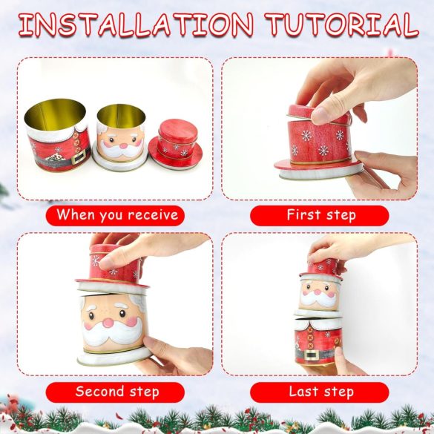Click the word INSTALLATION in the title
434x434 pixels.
(136, 24)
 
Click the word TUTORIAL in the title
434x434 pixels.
(341, 24)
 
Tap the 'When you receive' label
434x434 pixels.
(117, 215)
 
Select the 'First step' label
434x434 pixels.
(321, 215)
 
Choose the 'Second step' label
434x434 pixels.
(117, 392)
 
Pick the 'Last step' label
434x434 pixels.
(321, 392)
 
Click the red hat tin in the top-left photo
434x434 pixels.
(175, 143)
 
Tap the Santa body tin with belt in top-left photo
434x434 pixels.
(57, 135)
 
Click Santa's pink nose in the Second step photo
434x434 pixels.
(108, 323)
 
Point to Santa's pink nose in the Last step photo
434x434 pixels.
(318, 292)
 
